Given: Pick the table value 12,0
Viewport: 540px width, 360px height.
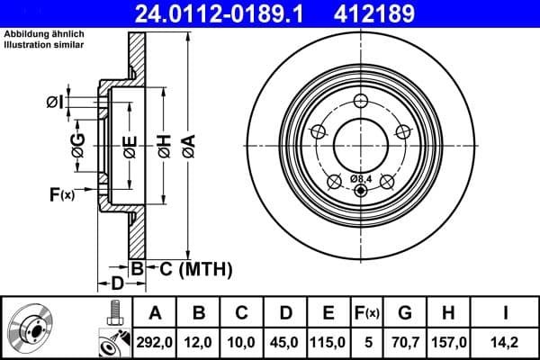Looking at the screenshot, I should pos(199,342).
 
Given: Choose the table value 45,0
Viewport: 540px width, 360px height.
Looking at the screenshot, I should pos(285,342).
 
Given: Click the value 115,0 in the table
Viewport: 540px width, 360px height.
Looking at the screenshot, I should pos(328,342).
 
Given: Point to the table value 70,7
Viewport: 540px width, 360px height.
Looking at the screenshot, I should pos(406,342).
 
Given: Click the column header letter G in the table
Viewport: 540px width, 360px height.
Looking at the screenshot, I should pos(406,313).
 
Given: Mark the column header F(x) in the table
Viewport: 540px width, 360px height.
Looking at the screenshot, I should pos(367,313).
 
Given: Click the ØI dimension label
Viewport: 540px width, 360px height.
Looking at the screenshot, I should pos(56,102).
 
